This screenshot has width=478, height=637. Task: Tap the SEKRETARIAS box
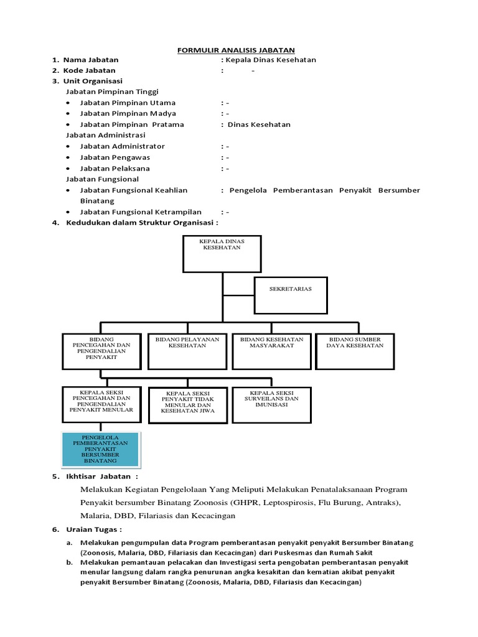(291, 295)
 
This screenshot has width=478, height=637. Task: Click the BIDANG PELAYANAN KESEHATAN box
(187, 351)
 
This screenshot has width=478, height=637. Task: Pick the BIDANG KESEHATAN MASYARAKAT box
(271, 351)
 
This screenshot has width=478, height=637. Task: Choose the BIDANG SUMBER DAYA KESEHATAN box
(355, 351)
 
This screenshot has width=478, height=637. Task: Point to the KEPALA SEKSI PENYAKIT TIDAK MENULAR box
(187, 406)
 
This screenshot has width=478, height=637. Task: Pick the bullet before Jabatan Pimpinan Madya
(67, 114)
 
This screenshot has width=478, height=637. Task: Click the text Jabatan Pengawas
(115, 157)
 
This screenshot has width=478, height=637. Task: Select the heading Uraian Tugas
(94, 529)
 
